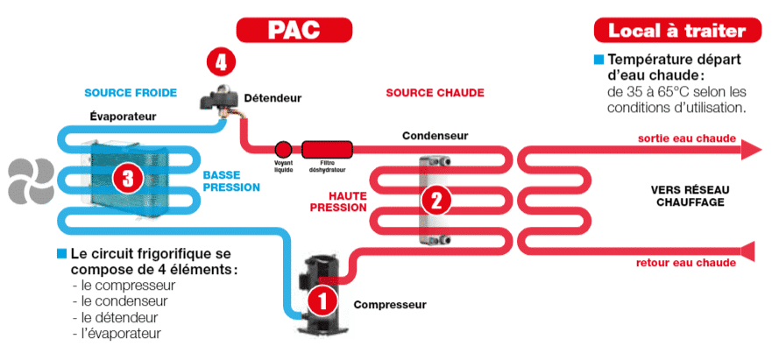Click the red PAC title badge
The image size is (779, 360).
(294, 30)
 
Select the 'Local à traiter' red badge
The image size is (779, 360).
(677, 31)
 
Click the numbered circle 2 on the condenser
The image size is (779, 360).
(436, 200)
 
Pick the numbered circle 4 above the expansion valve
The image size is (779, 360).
(221, 62)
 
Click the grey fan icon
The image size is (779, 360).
(31, 181)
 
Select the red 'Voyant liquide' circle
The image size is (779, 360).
(283, 149)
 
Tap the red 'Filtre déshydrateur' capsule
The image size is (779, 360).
(328, 149)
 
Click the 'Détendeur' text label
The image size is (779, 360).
(273, 98)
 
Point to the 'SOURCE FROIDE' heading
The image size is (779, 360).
(131, 93)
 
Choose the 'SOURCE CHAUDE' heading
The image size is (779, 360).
(436, 93)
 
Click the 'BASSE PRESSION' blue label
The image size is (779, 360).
(231, 181)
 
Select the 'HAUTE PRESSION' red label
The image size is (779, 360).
(339, 201)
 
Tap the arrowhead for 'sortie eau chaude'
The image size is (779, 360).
(751, 150)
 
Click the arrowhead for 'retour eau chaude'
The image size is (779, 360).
(747, 251)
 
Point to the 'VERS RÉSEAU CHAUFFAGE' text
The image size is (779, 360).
(690, 196)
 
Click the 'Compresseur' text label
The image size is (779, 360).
(390, 305)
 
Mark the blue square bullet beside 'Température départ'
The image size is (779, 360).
(599, 60)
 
